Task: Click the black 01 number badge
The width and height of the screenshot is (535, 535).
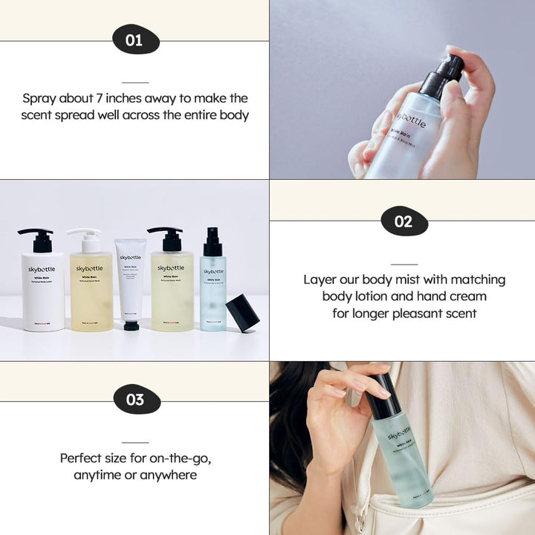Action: point(134,40)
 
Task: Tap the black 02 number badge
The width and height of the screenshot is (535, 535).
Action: point(403,221)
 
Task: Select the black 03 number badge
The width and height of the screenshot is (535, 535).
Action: point(134,400)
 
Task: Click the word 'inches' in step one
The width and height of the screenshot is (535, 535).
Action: point(149,98)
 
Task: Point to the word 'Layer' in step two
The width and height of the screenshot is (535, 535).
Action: point(321,279)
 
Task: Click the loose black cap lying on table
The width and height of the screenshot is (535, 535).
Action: point(242,312)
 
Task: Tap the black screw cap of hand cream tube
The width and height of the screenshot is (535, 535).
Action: point(132,325)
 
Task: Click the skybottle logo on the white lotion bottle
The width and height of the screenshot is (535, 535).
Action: point(42,270)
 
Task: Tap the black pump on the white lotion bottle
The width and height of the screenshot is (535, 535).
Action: point(36,239)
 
